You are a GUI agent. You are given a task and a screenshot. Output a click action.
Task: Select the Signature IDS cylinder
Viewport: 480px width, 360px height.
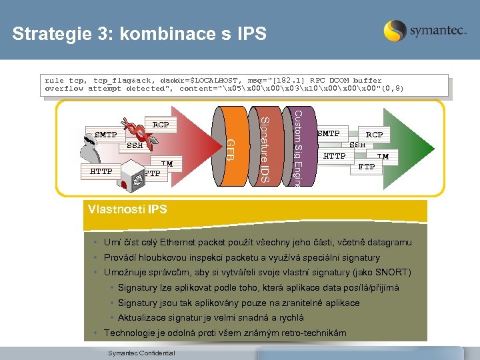pos(263,147)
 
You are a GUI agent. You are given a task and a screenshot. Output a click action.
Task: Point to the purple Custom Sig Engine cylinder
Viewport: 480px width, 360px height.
pos(298,147)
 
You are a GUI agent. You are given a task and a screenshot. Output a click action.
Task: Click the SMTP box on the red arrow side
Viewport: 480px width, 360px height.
pos(105,135)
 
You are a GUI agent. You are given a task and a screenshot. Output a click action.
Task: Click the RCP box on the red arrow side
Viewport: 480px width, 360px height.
pos(161,125)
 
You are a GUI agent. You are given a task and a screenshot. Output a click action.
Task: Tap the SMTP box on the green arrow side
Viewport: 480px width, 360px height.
pos(328,134)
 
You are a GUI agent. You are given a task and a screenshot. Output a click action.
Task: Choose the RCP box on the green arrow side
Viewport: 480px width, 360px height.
pos(374,135)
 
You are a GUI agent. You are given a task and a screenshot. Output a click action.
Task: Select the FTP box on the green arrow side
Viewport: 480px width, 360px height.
pos(366,167)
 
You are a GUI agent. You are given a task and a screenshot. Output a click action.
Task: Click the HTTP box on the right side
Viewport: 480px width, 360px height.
pos(334,156)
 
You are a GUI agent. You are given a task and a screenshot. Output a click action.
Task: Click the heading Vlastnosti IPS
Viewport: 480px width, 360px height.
pos(127,209)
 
